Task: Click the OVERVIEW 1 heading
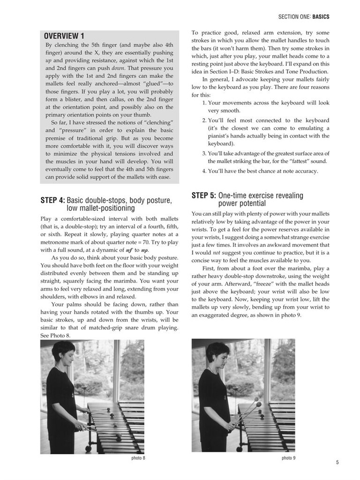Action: [64, 36]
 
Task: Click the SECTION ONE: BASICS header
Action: [303, 17]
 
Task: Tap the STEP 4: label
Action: [52, 201]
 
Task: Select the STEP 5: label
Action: [204, 195]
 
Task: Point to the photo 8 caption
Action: [138, 458]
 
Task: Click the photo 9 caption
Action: [288, 458]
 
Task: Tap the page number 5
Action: [337, 462]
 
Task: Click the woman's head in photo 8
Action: [63, 352]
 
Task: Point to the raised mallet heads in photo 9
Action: [257, 402]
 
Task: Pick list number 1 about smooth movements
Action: [205, 103]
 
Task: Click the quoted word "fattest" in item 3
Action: [291, 161]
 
